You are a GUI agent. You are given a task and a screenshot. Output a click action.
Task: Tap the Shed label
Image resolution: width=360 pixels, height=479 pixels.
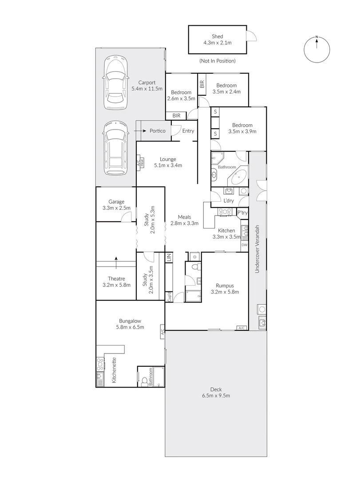[217, 36]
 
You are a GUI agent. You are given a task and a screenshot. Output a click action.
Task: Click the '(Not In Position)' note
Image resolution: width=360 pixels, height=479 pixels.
[217, 61]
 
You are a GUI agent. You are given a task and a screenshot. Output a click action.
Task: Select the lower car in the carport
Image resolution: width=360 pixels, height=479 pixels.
[115, 149]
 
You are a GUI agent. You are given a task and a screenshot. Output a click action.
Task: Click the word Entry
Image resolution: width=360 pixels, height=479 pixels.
[188, 131]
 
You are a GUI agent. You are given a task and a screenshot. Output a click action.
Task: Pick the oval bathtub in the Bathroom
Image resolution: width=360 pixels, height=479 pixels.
[239, 177]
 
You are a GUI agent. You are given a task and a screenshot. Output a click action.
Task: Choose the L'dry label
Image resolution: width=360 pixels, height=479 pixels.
[229, 200]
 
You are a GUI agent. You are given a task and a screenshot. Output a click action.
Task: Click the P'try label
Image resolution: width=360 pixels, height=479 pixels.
[242, 213]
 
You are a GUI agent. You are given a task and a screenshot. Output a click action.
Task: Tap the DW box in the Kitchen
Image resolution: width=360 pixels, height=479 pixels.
[244, 245]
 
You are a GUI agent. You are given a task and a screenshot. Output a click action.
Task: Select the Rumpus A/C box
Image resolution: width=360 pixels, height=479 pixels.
[241, 328]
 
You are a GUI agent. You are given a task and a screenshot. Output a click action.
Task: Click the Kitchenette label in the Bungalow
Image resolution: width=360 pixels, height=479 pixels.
[114, 370]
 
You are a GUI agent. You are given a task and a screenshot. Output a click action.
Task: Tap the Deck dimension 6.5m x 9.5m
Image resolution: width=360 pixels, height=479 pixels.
[216, 396]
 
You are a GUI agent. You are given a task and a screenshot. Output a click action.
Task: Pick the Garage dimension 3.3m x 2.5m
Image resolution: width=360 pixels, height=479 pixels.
[114, 208]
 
